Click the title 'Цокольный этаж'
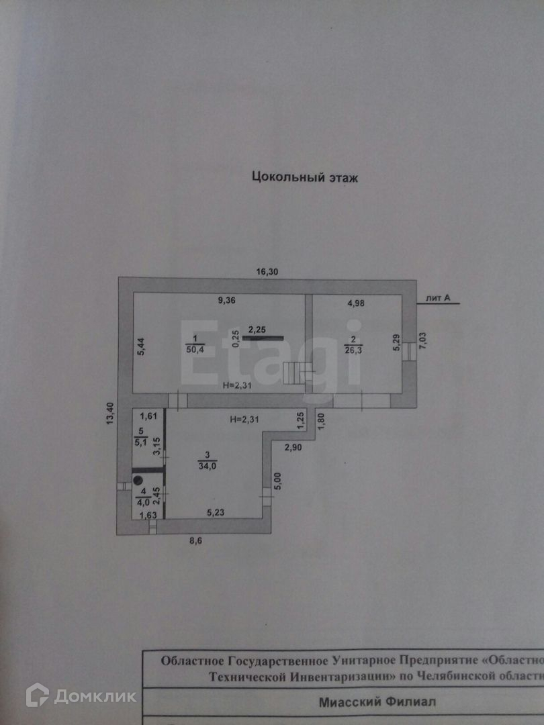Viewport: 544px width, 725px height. [305, 178]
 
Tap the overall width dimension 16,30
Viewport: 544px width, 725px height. [267, 272]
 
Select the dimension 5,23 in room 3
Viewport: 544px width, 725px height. [216, 514]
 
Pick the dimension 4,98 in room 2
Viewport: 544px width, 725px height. [357, 303]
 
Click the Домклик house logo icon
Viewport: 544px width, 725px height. [37, 695]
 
